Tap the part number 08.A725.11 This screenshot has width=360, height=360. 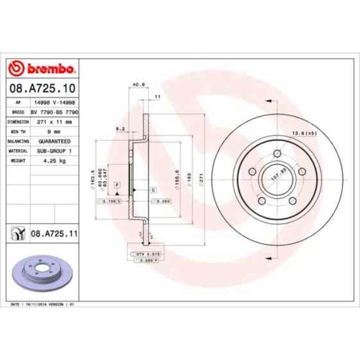53,235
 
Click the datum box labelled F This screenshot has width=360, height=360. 117,183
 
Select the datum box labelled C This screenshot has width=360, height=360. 153,190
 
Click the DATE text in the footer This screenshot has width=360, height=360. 17,305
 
